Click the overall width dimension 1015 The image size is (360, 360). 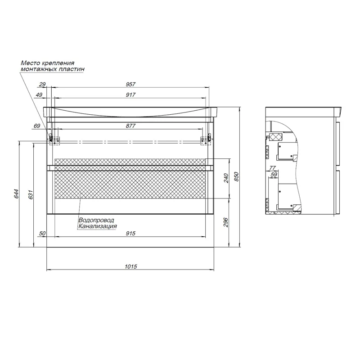(130, 266)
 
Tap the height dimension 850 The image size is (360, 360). (237, 176)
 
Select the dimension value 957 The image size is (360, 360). (130, 85)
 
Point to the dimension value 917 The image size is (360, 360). (130, 95)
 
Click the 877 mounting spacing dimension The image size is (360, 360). (130, 126)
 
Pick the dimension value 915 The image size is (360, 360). (130, 234)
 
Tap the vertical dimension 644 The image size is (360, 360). (17, 194)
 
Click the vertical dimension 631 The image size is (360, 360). (31, 194)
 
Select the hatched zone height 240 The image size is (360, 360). (226, 178)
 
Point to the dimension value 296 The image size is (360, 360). (226, 222)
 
